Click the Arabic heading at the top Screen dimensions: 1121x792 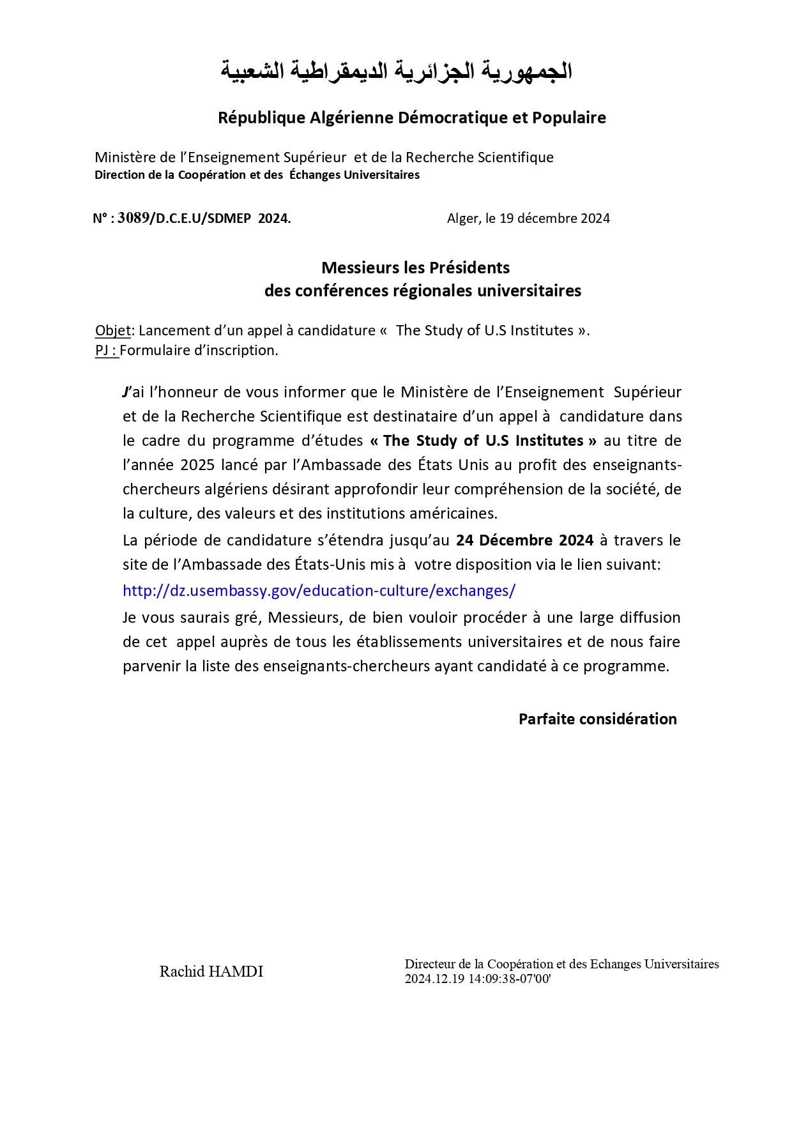396,70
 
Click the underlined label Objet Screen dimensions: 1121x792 112,330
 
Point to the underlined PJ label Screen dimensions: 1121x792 105,350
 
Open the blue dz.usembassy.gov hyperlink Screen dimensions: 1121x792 319,590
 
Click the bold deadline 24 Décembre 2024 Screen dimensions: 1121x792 524,540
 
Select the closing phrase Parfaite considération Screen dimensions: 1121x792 597,719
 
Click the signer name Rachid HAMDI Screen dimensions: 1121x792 211,972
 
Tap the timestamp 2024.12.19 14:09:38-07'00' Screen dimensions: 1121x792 477,979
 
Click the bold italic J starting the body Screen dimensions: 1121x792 126,392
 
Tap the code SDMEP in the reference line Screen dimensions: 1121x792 229,218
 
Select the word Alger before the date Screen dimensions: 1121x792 462,218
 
